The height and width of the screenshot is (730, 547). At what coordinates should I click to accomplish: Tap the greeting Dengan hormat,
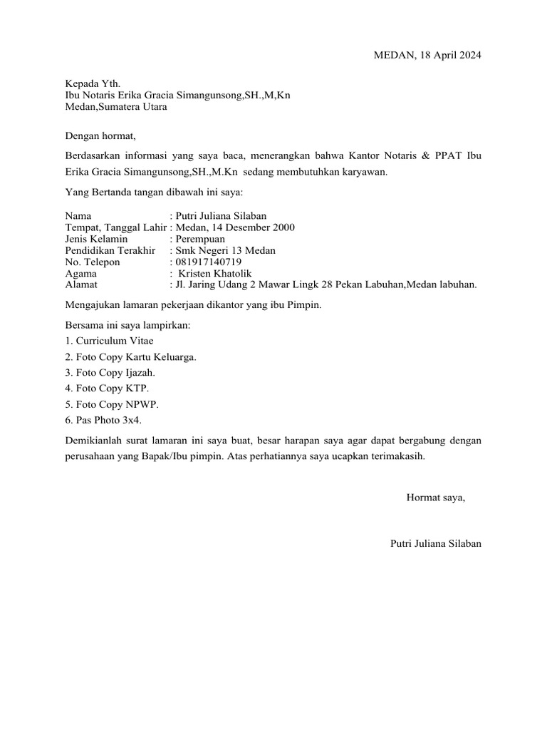[100, 135]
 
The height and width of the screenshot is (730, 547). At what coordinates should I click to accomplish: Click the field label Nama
[78, 216]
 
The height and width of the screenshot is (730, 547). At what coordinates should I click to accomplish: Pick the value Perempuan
[200, 239]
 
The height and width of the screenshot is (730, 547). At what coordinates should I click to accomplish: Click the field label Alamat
[81, 284]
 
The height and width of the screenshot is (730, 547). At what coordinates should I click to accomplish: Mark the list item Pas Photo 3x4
[106, 420]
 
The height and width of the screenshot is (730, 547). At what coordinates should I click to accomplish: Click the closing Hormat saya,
[435, 497]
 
